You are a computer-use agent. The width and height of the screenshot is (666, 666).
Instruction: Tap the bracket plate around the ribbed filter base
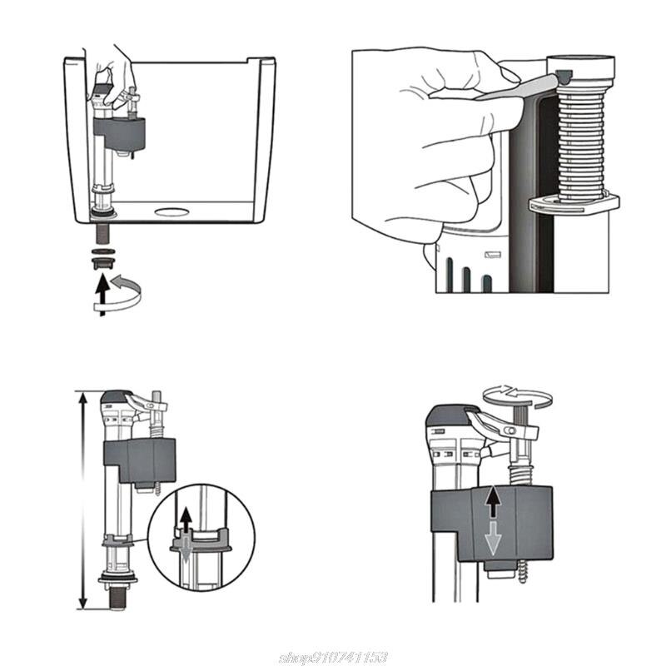pyautogui.click(x=574, y=203)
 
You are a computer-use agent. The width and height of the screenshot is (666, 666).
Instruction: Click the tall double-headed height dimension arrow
pyautogui.click(x=82, y=499)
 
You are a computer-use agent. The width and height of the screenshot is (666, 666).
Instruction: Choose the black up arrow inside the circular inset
pyautogui.click(x=186, y=521)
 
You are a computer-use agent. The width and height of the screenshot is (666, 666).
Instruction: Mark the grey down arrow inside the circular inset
pyautogui.click(x=185, y=563)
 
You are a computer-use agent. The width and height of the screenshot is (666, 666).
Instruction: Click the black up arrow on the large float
pyautogui.click(x=493, y=502)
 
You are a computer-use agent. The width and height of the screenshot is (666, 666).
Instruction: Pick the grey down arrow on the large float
pyautogui.click(x=493, y=539)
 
